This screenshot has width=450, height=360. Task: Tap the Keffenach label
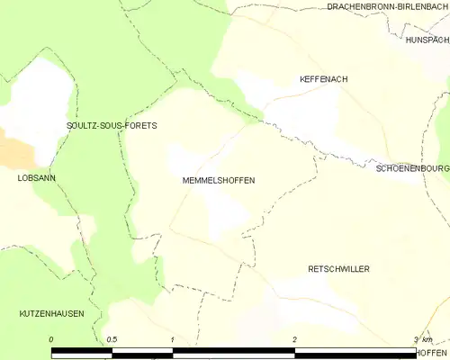[x=323, y=79]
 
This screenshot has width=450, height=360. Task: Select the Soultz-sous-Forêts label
[x=112, y=126]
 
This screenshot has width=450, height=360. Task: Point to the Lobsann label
[x=36, y=178]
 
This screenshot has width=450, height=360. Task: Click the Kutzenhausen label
[x=51, y=313]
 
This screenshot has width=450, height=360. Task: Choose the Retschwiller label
[x=338, y=269]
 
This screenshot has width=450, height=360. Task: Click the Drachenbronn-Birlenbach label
[x=387, y=6]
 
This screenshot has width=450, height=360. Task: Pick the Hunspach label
[x=427, y=40]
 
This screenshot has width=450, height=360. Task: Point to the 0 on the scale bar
[x=51, y=338]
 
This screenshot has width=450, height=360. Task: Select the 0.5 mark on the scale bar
[x=112, y=338]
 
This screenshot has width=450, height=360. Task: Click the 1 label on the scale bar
[x=172, y=338]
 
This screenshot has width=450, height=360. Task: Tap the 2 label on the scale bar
[x=294, y=338]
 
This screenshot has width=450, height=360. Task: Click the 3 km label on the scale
[x=422, y=338]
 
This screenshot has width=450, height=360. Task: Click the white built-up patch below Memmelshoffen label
[x=225, y=211]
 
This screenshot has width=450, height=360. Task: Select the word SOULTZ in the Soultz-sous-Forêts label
[x=83, y=126]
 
